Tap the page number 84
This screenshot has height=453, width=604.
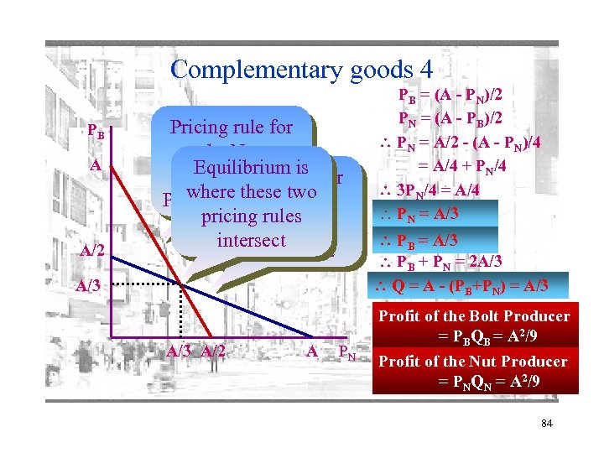(x=546, y=423)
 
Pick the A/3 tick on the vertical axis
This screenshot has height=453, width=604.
(x=90, y=285)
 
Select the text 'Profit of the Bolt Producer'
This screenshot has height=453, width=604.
(x=474, y=316)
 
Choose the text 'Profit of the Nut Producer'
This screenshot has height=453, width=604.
(x=473, y=362)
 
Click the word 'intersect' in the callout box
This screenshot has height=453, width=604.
(x=251, y=241)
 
